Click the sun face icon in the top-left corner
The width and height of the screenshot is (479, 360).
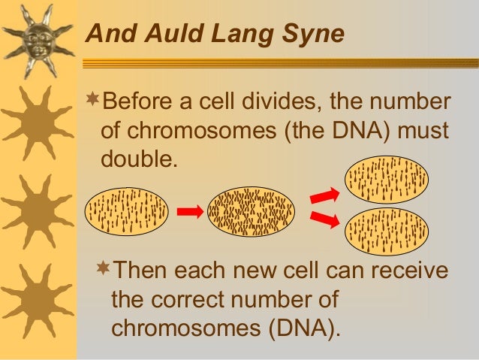pyautogui.click(x=38, y=38)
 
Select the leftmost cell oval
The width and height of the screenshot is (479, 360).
pyautogui.click(x=126, y=211)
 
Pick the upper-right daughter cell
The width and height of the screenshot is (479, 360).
pyautogui.click(x=385, y=180)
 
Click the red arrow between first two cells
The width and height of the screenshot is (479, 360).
pyautogui.click(x=190, y=212)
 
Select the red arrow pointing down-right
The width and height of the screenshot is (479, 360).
pyautogui.click(x=324, y=219)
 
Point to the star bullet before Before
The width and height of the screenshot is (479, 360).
pyautogui.click(x=92, y=99)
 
